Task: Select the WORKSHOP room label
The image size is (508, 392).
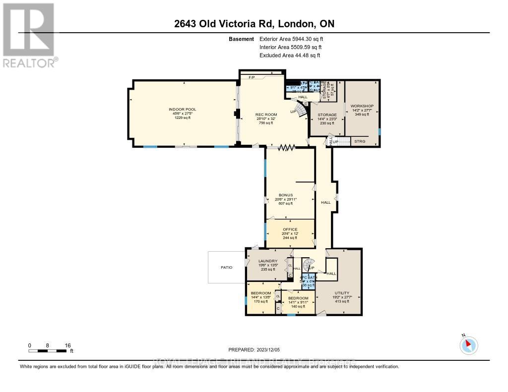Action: click(362, 106)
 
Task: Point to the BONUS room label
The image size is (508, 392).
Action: click(286, 195)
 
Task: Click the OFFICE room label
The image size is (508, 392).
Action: click(290, 229)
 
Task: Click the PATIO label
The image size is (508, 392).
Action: click(227, 267)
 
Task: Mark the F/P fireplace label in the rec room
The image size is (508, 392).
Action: click(252, 78)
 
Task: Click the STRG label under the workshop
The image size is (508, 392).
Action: click(359, 141)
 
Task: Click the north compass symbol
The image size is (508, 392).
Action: click(468, 344)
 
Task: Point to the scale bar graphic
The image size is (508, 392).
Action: click(48, 351)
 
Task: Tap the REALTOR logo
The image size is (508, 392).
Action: click(29, 35)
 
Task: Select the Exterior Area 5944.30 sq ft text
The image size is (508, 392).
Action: click(295, 39)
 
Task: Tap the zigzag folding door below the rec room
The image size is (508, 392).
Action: click(286, 147)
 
